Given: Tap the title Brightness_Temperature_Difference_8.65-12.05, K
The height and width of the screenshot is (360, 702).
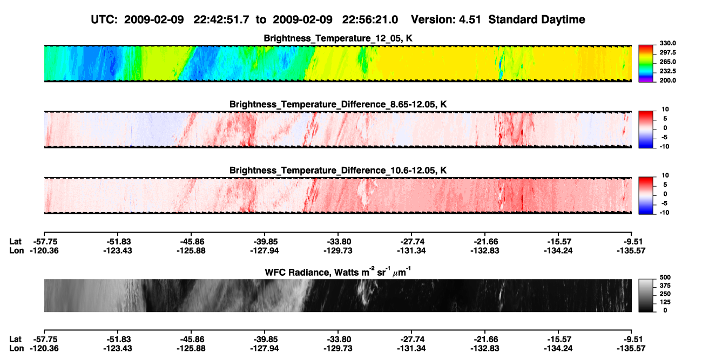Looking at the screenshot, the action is pos(338,104).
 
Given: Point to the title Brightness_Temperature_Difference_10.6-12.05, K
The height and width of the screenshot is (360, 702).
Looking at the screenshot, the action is pos(338,171).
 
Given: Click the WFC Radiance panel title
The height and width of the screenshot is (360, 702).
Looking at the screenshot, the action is pos(338,272).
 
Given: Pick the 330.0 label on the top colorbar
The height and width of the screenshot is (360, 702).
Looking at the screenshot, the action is pos(667,43).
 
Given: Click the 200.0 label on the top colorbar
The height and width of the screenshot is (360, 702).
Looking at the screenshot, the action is pos(667,80).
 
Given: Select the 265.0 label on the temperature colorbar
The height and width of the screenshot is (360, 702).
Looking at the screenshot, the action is pos(667,62).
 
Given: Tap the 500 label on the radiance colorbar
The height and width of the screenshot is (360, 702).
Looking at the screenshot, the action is pos(665,277).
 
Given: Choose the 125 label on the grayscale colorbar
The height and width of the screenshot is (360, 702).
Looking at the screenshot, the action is pos(665,302).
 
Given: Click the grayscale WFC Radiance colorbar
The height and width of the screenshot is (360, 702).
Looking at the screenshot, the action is pos(646,295).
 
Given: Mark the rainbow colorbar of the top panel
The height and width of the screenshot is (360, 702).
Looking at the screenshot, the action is pos(646,64).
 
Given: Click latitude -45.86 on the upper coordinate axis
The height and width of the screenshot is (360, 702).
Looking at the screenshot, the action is pos(191,242).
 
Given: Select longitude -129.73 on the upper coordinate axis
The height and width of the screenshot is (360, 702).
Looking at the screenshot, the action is pos(338,250).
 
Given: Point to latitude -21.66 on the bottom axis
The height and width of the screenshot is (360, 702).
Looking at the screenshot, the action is pos(485,339).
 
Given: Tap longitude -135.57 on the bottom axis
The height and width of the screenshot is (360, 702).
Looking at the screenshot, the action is pos(631,349).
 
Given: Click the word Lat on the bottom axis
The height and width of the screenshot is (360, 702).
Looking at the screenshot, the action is pos(15,339).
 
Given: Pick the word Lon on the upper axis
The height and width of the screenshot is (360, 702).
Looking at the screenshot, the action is pos(16,250).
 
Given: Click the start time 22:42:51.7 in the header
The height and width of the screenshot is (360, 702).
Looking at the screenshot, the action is pos(221,19).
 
